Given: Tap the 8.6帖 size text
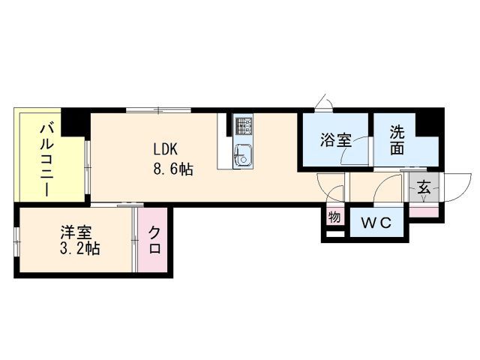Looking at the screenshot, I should (174, 169).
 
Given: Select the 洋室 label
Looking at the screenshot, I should (72, 231).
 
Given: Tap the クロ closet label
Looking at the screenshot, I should (154, 240).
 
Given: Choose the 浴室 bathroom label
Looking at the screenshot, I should (335, 140).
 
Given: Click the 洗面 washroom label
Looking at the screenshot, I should (397, 139).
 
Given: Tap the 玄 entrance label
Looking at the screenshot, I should (424, 188).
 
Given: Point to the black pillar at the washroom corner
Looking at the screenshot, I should (427, 121).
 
